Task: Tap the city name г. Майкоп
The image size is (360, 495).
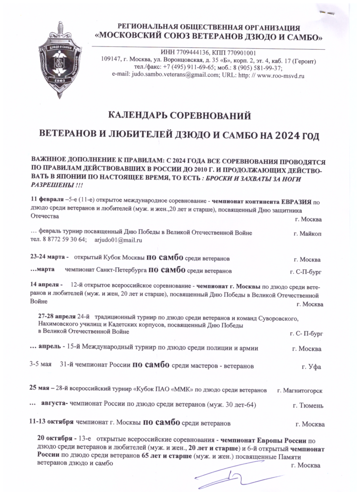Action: (307, 233)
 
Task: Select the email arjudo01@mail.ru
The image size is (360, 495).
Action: (118, 240)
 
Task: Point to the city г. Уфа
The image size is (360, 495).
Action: (311, 367)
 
